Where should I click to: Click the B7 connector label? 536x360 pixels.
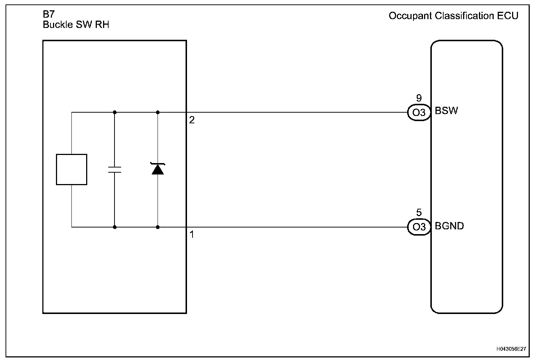[49, 15]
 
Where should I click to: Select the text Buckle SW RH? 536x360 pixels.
[76, 25]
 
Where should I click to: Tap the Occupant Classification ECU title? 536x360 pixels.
[453, 16]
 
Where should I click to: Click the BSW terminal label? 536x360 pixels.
[446, 111]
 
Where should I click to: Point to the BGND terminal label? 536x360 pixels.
[449, 226]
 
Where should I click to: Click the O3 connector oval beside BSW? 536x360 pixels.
[419, 113]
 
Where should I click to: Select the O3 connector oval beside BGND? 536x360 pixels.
[419, 227]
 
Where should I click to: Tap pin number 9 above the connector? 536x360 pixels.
[419, 98]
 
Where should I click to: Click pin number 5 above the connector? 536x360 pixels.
[419, 213]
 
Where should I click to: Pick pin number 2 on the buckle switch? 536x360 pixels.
[192, 120]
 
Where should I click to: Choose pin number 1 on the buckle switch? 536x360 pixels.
[192, 234]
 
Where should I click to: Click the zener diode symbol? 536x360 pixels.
[158, 169]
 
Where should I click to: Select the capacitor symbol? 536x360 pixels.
[115, 170]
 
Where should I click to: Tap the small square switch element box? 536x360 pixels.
[71, 169]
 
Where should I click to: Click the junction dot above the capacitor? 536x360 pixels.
[115, 112]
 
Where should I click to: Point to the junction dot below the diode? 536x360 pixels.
[158, 227]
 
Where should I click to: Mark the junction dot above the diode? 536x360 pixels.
[158, 112]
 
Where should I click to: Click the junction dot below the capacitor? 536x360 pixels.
[115, 227]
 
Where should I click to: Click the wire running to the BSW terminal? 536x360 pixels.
[295, 112]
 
